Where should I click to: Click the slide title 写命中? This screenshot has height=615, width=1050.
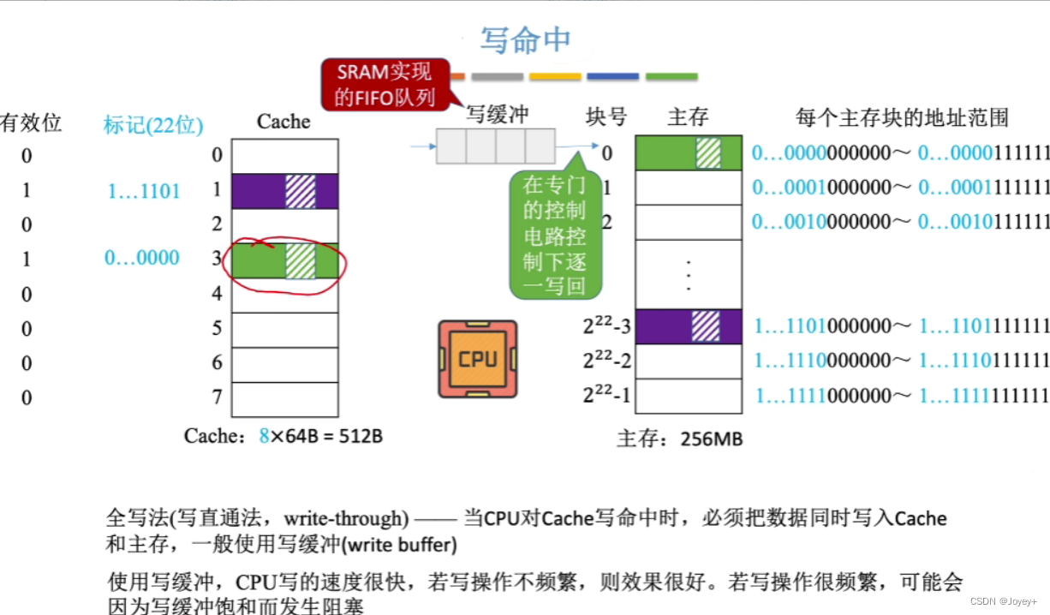click(525, 40)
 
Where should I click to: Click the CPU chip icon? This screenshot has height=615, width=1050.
click(477, 359)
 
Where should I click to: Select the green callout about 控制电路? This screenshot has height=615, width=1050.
click(554, 234)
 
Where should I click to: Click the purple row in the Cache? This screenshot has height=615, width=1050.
click(284, 191)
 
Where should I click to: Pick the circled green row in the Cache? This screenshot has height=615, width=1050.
click(284, 260)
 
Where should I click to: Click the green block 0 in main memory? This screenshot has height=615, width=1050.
click(688, 153)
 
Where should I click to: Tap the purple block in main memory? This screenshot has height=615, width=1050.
click(688, 326)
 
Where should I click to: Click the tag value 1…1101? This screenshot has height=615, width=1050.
click(144, 191)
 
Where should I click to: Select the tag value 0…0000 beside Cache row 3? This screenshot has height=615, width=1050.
click(142, 258)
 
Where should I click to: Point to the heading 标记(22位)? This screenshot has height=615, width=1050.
click(153, 125)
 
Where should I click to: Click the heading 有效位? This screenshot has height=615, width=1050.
click(31, 122)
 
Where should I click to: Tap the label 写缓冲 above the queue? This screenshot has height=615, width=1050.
click(497, 115)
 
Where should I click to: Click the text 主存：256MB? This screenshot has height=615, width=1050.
click(680, 439)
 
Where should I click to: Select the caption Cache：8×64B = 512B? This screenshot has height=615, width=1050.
click(283, 436)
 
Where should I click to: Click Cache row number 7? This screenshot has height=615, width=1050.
click(218, 397)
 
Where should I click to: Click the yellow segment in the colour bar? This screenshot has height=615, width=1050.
click(555, 76)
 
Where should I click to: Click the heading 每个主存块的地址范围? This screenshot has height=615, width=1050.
click(902, 117)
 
